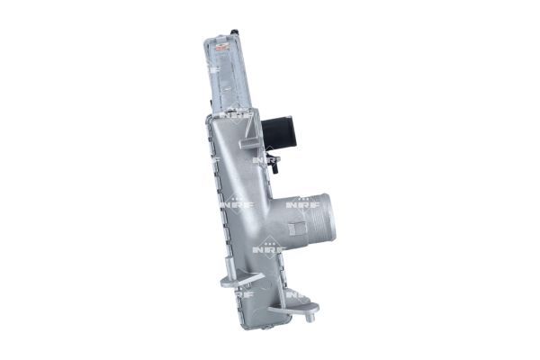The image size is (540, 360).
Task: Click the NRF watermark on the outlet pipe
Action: [x=298, y=206]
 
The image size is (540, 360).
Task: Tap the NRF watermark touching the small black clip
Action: [x=264, y=160]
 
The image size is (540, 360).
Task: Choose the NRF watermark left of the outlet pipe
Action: [x=241, y=204]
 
